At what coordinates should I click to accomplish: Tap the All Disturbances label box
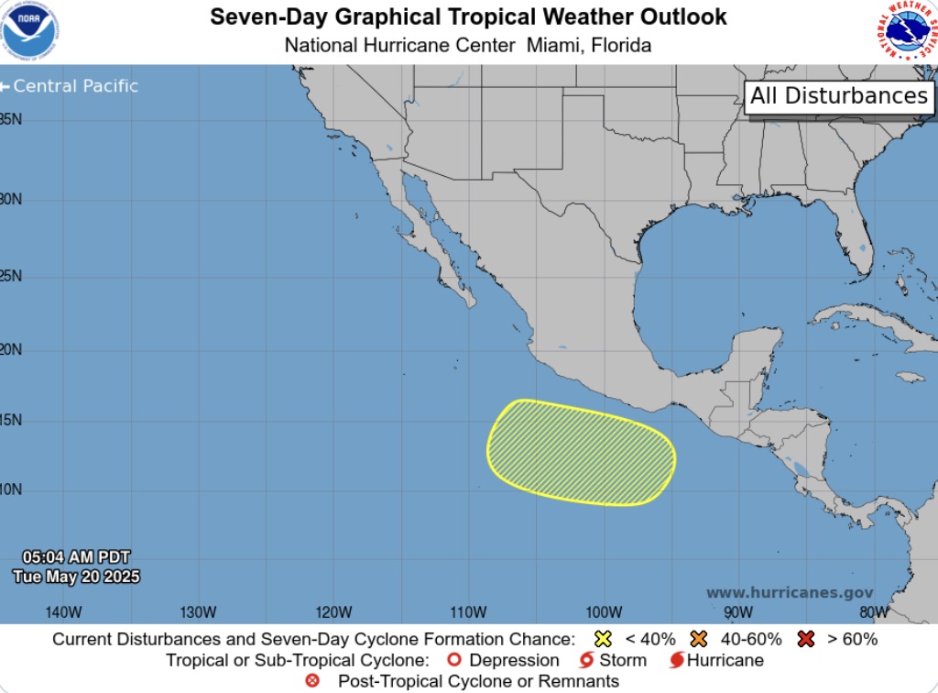pos(839,96)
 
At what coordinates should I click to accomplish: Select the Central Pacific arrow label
pos(70,86)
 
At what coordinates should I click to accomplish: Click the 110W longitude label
pos(468,612)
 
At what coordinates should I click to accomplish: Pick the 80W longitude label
pos(874,612)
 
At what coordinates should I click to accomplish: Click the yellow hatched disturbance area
pos(581,452)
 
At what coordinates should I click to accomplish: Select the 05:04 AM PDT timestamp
pos(76,557)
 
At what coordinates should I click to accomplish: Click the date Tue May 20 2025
pos(76,577)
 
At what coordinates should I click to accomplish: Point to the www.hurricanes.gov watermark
pos(790,593)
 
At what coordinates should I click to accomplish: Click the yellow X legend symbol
pos(603,639)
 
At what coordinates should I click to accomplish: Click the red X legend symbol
pos(806,639)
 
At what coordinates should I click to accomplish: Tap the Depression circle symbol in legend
pos(453,660)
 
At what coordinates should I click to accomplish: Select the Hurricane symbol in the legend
pos(677,660)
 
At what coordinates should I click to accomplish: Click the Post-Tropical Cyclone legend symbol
pos(312,681)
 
